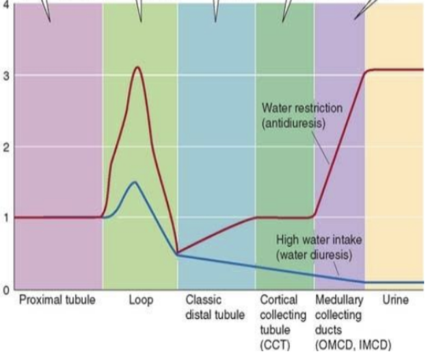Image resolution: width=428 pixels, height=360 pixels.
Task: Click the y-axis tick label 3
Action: pyautogui.click(x=5, y=75)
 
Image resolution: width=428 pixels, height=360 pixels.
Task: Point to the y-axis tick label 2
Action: pyautogui.click(x=5, y=146)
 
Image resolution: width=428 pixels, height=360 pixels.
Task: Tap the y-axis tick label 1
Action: pyautogui.click(x=5, y=218)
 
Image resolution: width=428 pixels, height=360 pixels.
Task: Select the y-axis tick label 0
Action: pyautogui.click(x=5, y=290)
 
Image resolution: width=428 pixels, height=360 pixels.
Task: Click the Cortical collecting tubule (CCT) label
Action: pyautogui.click(x=279, y=321)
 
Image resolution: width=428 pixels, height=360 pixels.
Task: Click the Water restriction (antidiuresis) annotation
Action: pyautogui.click(x=302, y=116)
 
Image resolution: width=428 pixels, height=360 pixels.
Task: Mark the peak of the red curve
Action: pyautogui.click(x=137, y=67)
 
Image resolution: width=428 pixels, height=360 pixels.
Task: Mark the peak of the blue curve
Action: pyautogui.click(x=134, y=182)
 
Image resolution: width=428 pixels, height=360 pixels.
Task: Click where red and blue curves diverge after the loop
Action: pyautogui.click(x=178, y=254)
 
